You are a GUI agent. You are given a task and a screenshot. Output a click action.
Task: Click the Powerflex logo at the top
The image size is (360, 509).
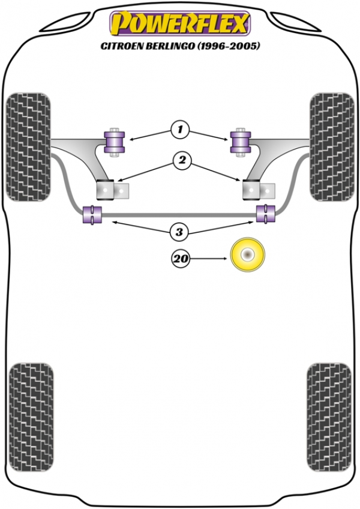(180, 23)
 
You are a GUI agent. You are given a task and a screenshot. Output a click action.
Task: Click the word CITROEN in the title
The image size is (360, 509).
(119, 46)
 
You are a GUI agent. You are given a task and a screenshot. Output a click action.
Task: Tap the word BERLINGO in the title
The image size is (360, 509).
(167, 46)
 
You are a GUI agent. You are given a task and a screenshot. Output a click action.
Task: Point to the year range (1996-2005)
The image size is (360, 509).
(228, 46)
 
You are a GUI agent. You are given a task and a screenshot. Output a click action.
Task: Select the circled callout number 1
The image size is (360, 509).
(180, 130)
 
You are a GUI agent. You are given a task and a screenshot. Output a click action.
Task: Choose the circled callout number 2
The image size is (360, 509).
(182, 160)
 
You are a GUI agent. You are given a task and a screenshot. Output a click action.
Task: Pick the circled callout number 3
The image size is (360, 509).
(179, 232)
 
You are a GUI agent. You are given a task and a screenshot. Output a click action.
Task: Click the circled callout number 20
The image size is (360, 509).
(181, 259)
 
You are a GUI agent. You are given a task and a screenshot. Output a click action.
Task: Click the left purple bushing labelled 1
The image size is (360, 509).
(114, 142)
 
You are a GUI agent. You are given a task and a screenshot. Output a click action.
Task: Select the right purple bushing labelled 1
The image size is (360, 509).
(241, 142)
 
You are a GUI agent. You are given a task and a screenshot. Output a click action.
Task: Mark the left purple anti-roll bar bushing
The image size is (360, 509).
(92, 214)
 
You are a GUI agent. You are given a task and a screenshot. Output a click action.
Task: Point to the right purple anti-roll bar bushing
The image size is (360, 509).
(266, 213)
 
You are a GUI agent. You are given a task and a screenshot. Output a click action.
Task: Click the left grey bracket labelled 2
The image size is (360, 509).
(113, 190)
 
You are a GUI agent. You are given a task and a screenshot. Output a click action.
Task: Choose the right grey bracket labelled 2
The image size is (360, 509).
(259, 190)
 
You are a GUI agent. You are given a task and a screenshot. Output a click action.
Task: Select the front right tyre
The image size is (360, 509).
(332, 147)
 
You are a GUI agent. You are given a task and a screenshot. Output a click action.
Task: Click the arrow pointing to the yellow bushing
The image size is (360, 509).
(208, 259)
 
